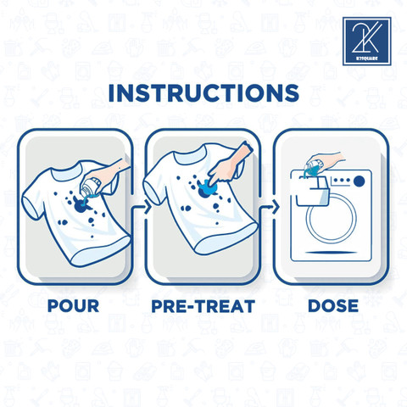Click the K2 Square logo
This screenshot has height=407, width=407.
(x=367, y=42)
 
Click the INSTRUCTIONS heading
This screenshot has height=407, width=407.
(x=203, y=93)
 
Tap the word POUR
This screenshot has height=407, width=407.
(x=73, y=306)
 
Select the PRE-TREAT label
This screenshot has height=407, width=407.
(x=203, y=306)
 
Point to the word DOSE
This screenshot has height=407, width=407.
(x=333, y=306)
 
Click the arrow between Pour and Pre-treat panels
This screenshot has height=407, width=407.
(x=142, y=207)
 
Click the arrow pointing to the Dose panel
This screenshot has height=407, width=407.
(x=270, y=208)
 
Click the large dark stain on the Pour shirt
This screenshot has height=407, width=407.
(x=81, y=205)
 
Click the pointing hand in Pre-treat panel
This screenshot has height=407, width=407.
(x=227, y=167)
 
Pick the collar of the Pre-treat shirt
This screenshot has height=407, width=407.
(x=189, y=154)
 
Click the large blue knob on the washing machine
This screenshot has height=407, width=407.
(x=360, y=181)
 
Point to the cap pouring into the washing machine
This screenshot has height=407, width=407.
(x=315, y=166)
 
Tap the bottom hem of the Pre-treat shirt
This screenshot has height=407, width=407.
(x=226, y=240)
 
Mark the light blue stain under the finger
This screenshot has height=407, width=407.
(x=209, y=187)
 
